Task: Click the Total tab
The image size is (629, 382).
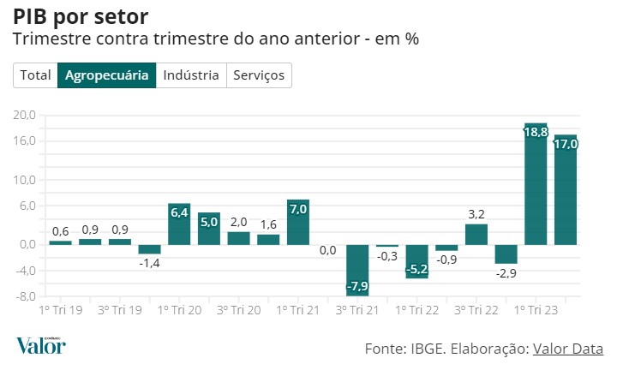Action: click(x=35, y=75)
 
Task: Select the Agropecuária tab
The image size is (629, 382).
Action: click(x=106, y=75)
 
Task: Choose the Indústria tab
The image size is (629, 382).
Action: click(x=190, y=75)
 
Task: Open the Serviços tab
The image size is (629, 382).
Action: click(x=258, y=75)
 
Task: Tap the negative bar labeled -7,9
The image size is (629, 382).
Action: click(x=357, y=270)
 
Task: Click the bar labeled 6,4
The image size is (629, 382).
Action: click(x=178, y=225)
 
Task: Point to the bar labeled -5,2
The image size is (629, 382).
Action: click(x=416, y=260)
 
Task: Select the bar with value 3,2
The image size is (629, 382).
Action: click(x=476, y=235)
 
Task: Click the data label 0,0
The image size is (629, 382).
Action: click(x=327, y=250)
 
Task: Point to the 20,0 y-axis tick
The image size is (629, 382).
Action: click(x=25, y=115)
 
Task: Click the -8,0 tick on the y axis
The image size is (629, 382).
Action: click(x=25, y=297)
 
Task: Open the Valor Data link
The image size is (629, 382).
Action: click(x=568, y=349)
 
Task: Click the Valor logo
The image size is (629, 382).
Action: click(x=40, y=345)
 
